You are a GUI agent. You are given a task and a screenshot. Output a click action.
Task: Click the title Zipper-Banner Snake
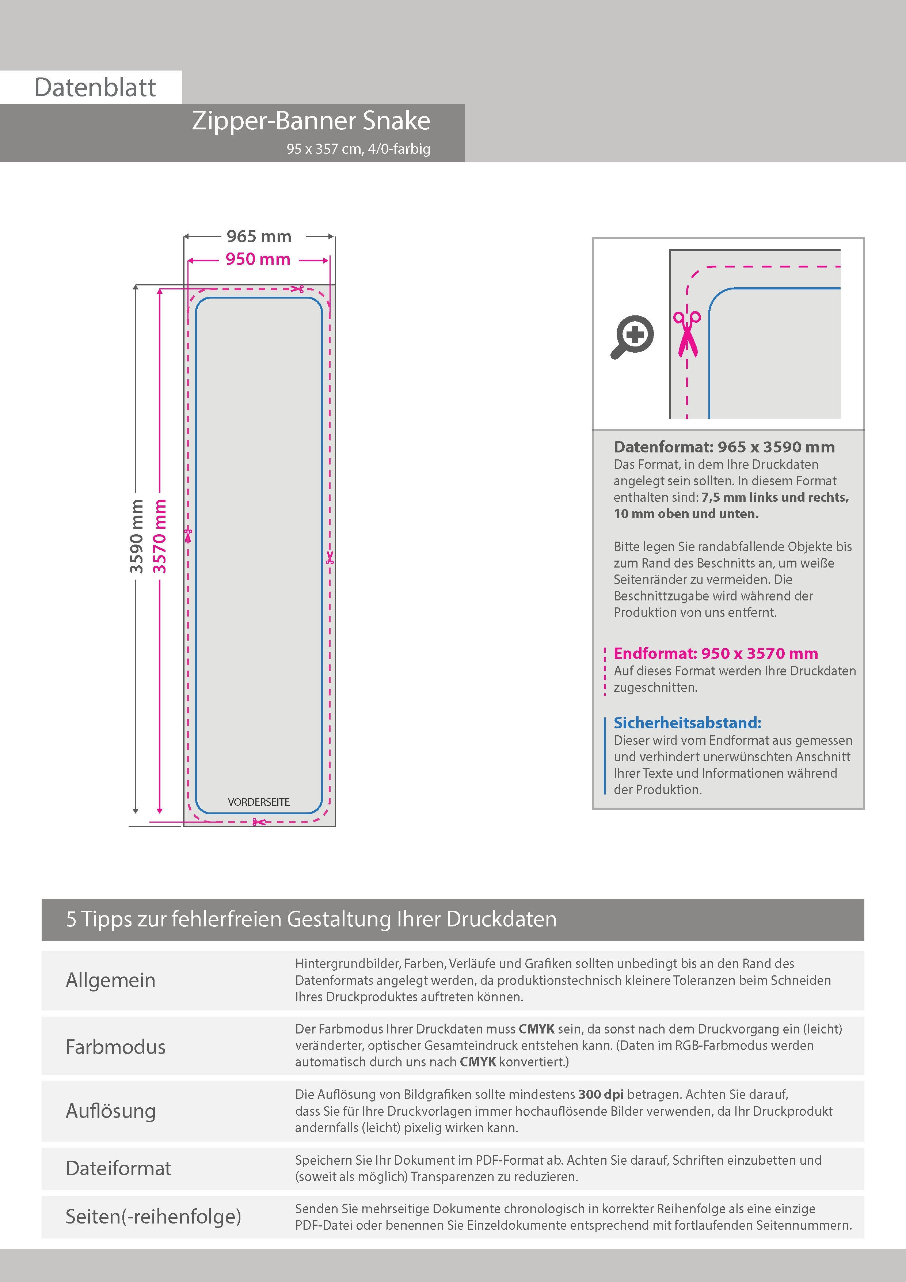pos(311,121)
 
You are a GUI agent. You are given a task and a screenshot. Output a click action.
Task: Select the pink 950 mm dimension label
pos(258,259)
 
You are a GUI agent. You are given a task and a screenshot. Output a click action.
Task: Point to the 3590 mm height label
pos(137,536)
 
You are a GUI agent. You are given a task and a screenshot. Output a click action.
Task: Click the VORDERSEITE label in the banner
pos(258,802)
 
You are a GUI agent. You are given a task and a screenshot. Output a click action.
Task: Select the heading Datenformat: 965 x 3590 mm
pos(724,447)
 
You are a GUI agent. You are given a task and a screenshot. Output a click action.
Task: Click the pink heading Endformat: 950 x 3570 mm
pos(716,653)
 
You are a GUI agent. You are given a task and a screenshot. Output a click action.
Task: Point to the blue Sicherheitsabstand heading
pos(687,723)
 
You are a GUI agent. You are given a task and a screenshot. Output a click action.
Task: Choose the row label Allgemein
pos(111,981)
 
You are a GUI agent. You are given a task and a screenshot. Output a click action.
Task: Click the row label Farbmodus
pos(115,1047)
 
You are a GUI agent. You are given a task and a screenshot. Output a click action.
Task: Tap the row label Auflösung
pos(111,1111)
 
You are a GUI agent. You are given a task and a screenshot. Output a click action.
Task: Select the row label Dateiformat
pos(118,1169)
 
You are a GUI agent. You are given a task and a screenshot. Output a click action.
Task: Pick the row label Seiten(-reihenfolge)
pos(153,1217)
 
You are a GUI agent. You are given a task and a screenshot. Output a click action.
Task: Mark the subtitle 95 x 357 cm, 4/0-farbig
pos(358,149)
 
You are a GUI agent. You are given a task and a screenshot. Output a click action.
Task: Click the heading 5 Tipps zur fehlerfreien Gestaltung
pos(311,919)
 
